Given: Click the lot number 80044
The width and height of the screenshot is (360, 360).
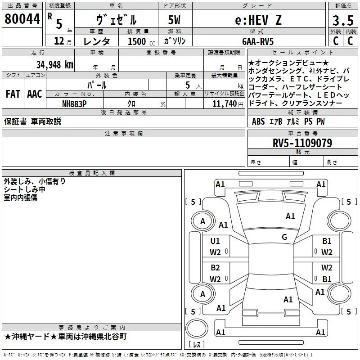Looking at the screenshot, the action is [x=22, y=19].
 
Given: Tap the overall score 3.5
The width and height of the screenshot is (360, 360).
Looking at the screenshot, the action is [x=343, y=20].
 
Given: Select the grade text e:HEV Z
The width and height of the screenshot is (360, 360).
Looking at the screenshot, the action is [x=258, y=20].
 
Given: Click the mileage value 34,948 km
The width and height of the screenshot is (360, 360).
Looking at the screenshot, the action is [x=55, y=65].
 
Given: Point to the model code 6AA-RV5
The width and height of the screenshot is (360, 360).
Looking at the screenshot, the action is [x=258, y=41].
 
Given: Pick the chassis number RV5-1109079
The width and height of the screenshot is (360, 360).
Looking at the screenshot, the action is [x=302, y=143].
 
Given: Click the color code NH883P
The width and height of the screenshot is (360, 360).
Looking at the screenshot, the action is [x=74, y=104].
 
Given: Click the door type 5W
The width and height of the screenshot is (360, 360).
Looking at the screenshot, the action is [x=174, y=20].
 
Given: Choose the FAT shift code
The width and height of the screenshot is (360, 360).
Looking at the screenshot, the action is [x=13, y=94].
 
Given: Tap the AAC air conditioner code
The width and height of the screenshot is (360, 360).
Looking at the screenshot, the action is [x=35, y=94].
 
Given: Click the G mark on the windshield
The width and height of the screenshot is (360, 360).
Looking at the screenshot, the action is [x=284, y=237].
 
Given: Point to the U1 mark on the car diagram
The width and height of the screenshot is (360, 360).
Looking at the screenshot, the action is [x=215, y=241].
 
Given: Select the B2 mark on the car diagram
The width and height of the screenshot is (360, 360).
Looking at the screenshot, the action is [x=216, y=268].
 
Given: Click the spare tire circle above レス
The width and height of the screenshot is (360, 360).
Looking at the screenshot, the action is [x=197, y=328].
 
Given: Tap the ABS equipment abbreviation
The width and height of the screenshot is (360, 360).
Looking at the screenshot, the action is [x=258, y=121].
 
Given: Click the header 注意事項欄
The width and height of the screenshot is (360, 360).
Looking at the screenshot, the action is [x=124, y=133].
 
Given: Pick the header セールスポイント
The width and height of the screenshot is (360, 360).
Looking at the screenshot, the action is [x=302, y=53].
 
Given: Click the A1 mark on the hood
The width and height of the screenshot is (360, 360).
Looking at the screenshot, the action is [x=290, y=216].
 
